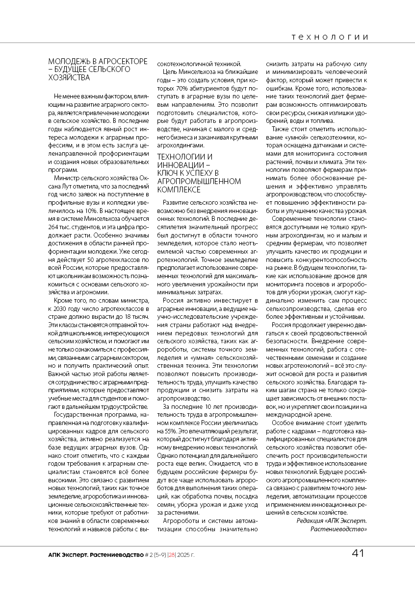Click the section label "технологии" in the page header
tap(329, 37)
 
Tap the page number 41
tap(358, 554)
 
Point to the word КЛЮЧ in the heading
tap(167, 173)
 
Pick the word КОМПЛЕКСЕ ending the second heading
tap(179, 189)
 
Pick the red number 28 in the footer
tap(172, 555)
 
